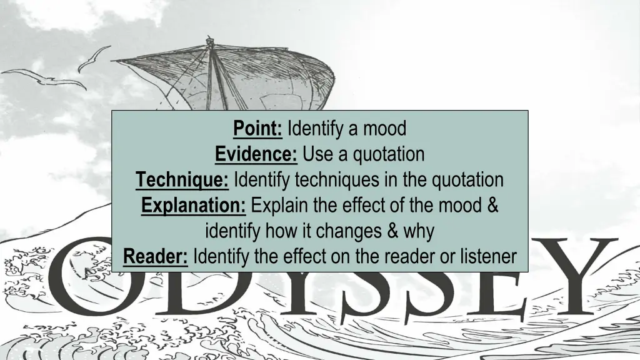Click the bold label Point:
tap(258, 129)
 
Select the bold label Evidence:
tap(256, 154)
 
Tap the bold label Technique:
tap(182, 180)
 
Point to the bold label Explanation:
tap(194, 206)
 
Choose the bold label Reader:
tap(156, 256)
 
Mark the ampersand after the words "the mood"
tap(491, 206)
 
